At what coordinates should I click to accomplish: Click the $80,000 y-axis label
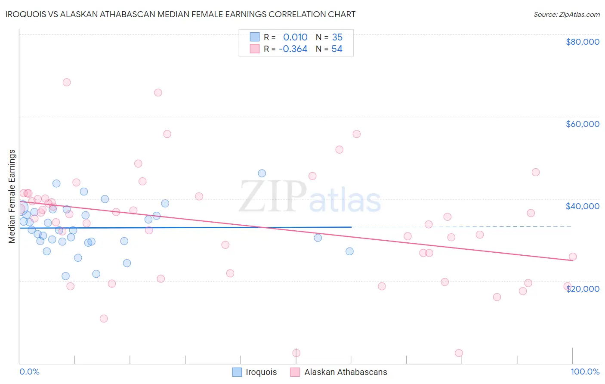(x=582, y=42)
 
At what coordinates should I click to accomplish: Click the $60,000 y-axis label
(x=582, y=124)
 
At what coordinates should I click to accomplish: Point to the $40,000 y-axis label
(x=582, y=206)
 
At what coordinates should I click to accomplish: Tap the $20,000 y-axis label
(x=582, y=288)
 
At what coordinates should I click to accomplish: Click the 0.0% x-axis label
(x=29, y=372)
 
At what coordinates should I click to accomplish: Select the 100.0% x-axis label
(x=585, y=372)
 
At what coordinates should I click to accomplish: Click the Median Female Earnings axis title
(x=12, y=196)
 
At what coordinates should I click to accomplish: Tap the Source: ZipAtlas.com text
(x=566, y=15)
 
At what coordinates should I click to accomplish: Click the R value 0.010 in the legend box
(x=295, y=37)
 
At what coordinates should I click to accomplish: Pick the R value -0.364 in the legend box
(x=293, y=49)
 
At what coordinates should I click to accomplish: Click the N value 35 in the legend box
(x=337, y=37)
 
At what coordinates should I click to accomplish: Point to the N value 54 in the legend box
(x=337, y=49)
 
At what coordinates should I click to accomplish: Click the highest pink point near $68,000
(x=67, y=82)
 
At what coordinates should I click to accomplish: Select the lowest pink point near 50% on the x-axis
(x=296, y=353)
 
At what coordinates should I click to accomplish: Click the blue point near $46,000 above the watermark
(x=262, y=173)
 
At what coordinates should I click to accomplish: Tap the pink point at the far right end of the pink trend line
(x=573, y=257)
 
